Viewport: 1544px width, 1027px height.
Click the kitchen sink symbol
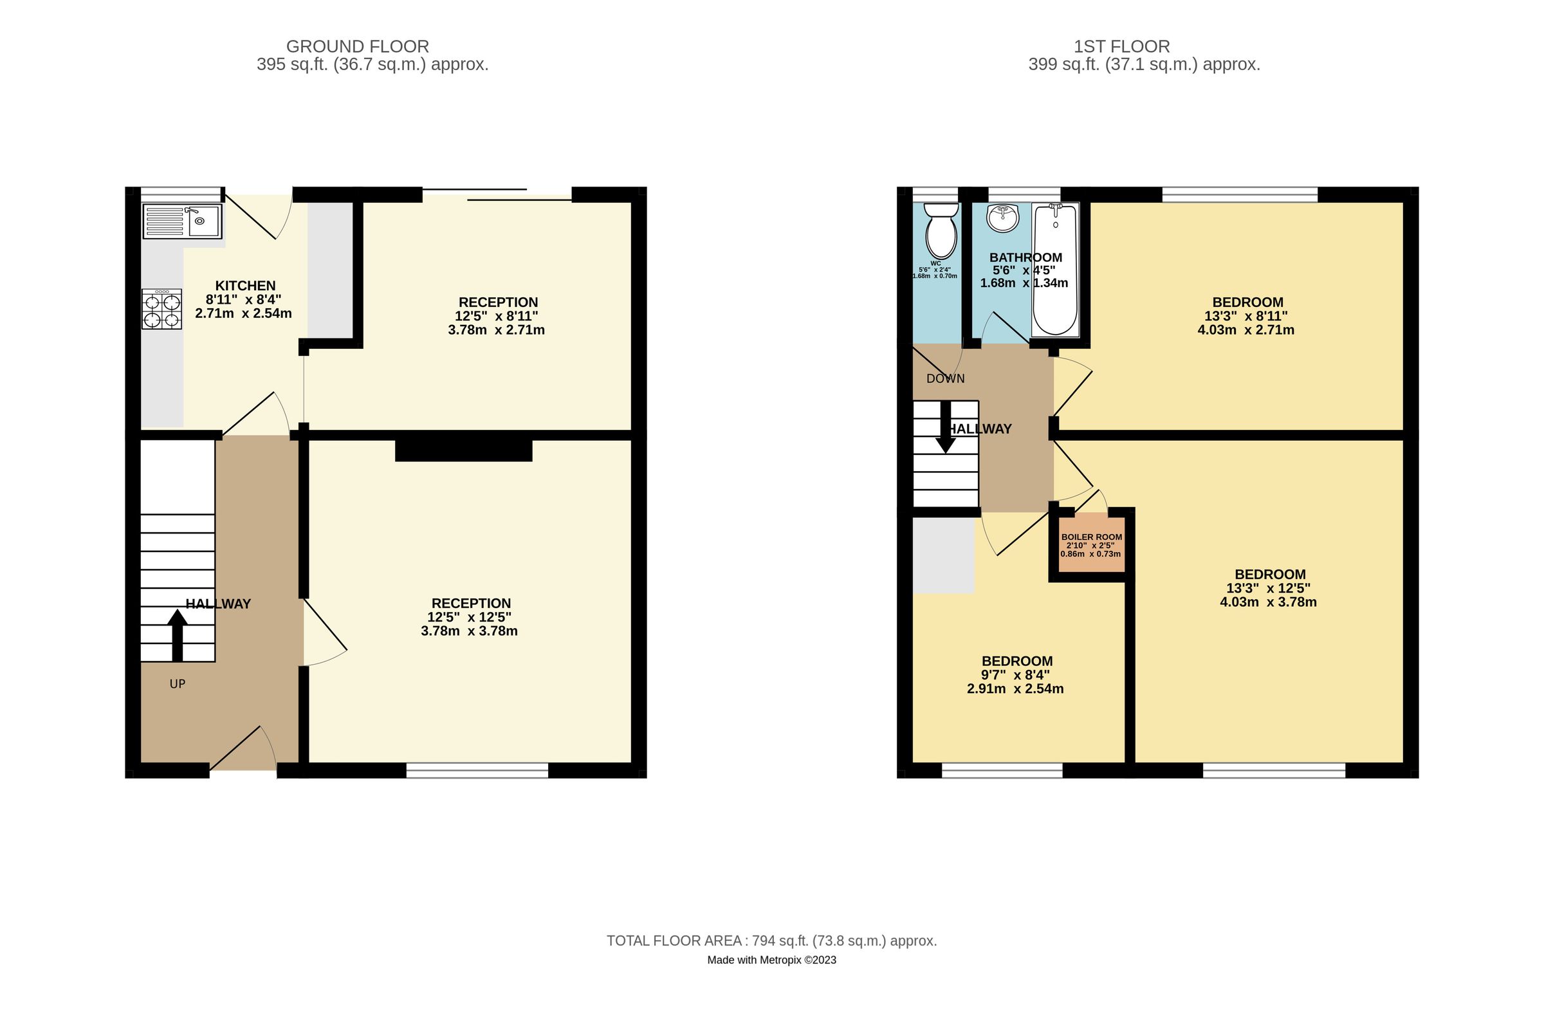pos(183,221)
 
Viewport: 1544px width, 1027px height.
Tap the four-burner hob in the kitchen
pos(161,309)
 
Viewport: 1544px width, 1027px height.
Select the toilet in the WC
pos(941,230)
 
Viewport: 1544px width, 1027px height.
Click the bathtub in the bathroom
pos(1054,269)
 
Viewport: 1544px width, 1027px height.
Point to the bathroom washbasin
pos(1002,218)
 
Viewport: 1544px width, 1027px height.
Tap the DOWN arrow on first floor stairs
pos(945,427)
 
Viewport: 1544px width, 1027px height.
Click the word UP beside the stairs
pos(178,684)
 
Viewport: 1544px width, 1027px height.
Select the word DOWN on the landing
pos(945,378)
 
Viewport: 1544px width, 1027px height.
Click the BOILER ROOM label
pos(1091,537)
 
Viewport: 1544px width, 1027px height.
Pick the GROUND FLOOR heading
pos(358,46)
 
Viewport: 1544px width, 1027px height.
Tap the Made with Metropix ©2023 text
pos(771,960)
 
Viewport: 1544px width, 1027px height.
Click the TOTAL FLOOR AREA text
pos(771,941)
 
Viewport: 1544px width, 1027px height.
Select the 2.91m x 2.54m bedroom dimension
pos(1015,689)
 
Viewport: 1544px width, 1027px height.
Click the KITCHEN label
pos(246,286)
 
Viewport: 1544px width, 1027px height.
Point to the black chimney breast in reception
pos(464,450)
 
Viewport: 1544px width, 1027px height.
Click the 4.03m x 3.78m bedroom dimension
pos(1267,602)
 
